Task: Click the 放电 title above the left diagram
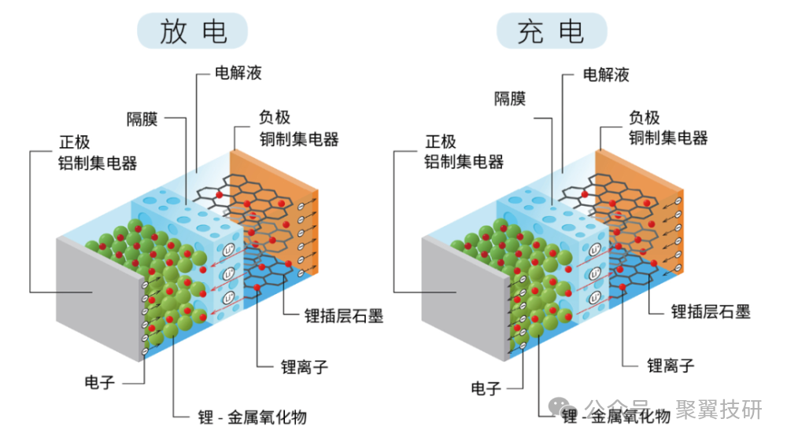[x=193, y=31]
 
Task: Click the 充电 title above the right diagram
[x=551, y=31]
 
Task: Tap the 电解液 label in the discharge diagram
[x=238, y=74]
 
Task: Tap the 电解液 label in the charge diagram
[x=605, y=75]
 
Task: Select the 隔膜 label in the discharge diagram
[x=142, y=119]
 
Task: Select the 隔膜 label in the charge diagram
[x=509, y=98]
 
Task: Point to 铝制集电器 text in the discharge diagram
[x=98, y=164]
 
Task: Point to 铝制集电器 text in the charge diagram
[x=464, y=162]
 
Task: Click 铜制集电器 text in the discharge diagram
[x=298, y=139]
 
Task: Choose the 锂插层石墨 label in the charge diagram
[x=711, y=312]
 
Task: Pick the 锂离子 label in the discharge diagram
[x=304, y=366]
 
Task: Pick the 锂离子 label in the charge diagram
[x=671, y=366]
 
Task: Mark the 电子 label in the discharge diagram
[x=100, y=383]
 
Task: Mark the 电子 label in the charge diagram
[x=486, y=388]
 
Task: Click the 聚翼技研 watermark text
[x=719, y=410]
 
